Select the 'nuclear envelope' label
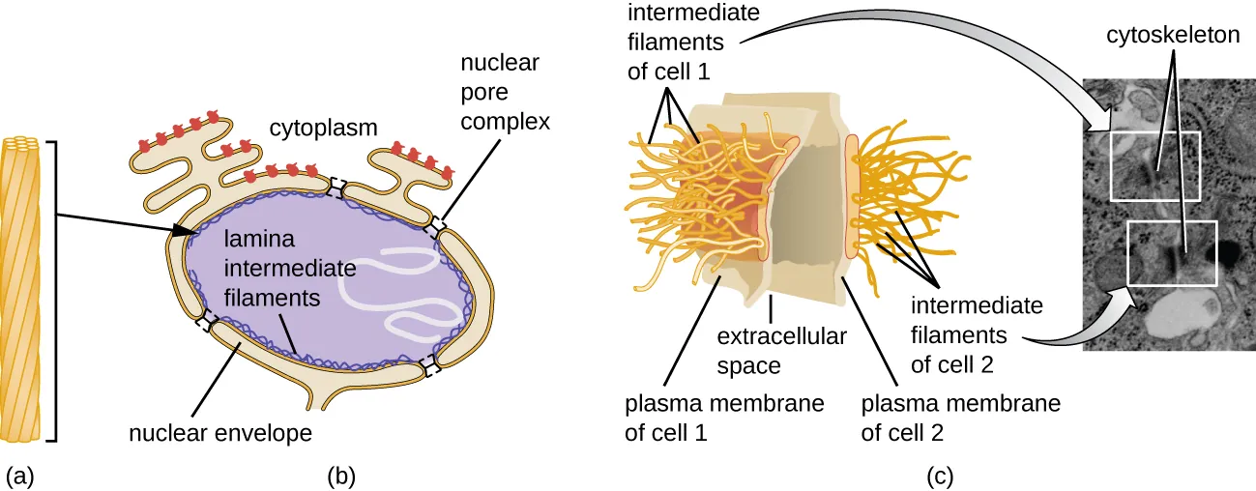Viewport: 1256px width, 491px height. pos(220,432)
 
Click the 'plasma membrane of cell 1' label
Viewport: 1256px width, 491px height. pos(724,417)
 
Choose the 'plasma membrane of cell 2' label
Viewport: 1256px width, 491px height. pos(960,417)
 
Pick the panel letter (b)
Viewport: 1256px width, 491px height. pos(343,475)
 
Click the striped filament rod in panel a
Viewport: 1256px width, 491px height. pos(25,290)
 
